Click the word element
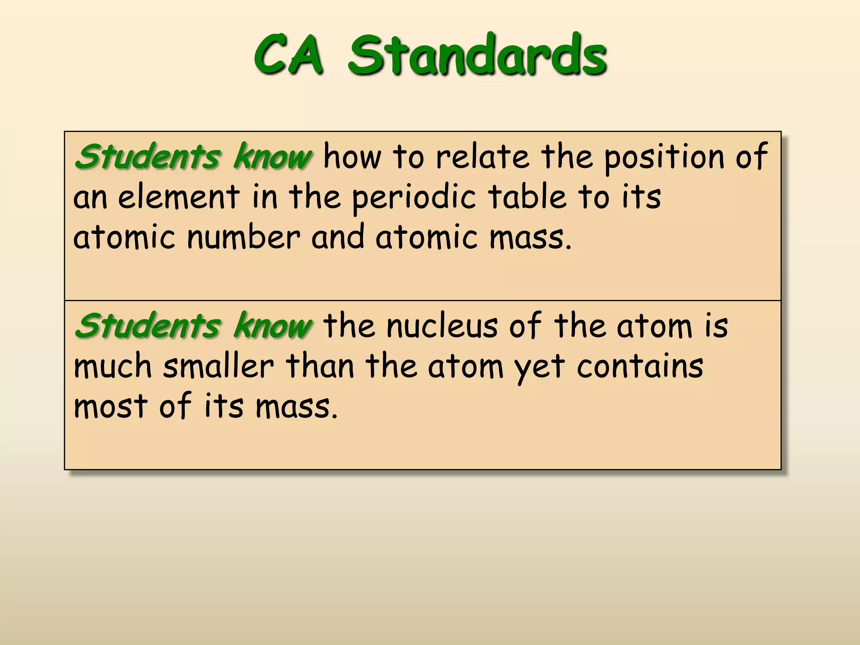pos(179,197)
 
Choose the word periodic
pos(414,197)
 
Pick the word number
pos(244,237)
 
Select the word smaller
pos(218,366)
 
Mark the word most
pos(111,406)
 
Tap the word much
pos(113,366)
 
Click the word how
pos(353,157)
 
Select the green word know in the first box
pos(272,157)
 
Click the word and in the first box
pos(338,237)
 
